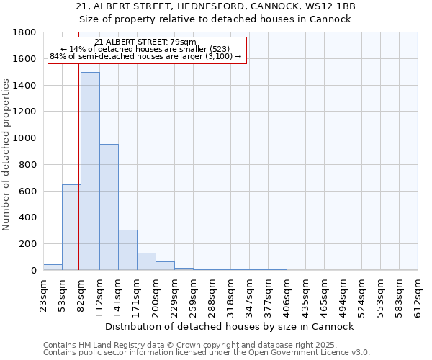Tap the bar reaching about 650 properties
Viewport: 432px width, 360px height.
[71, 227]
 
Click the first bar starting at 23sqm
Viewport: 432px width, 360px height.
[53, 267]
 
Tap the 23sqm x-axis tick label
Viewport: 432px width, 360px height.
[43, 293]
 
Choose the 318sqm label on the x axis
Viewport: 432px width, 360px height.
[230, 293]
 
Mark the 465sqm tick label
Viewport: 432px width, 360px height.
[324, 293]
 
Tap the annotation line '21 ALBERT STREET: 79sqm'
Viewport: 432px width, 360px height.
[145, 42]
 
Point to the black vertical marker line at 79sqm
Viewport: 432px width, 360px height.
[78, 180]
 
